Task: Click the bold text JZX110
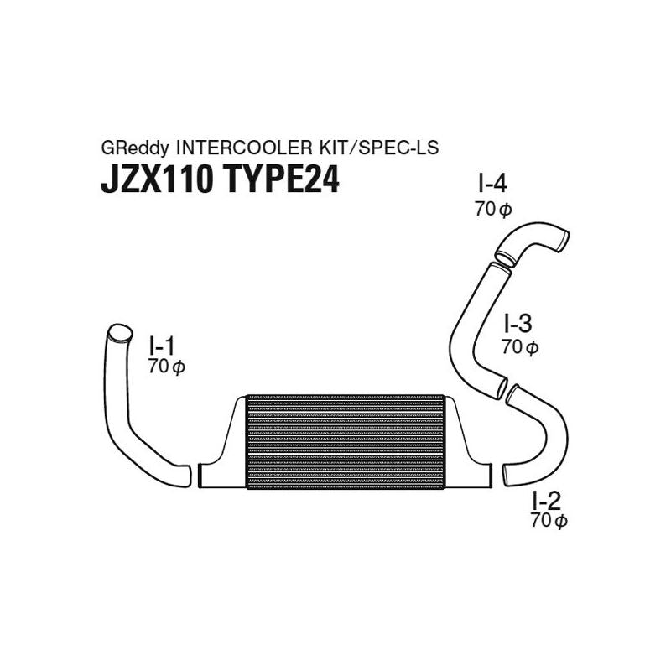157,179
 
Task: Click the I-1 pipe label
162,346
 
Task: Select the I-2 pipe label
546,500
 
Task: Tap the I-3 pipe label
518,324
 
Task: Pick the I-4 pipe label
492,184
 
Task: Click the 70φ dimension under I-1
166,367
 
